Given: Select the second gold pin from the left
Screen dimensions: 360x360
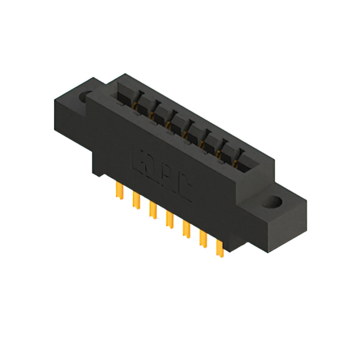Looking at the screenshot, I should click(135, 199).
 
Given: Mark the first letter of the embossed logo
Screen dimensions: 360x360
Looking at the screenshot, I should click(138, 161).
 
